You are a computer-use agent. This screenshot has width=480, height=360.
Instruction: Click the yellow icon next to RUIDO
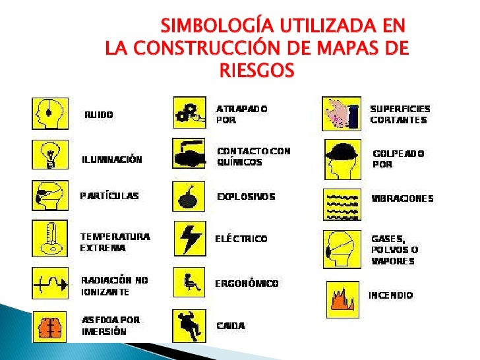point(50,113)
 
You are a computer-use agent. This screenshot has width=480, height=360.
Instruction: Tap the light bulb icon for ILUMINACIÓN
point(50,155)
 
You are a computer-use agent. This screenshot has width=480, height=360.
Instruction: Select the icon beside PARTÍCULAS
point(50,195)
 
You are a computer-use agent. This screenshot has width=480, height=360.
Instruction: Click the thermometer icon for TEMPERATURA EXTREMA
point(50,238)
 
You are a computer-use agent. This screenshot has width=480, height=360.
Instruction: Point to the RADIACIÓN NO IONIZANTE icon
point(50,283)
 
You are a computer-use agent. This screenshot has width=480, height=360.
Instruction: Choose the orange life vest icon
point(50,326)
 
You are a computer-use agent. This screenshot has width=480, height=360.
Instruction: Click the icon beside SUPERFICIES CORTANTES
point(342,113)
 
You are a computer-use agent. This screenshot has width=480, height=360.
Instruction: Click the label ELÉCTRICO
point(241,239)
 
